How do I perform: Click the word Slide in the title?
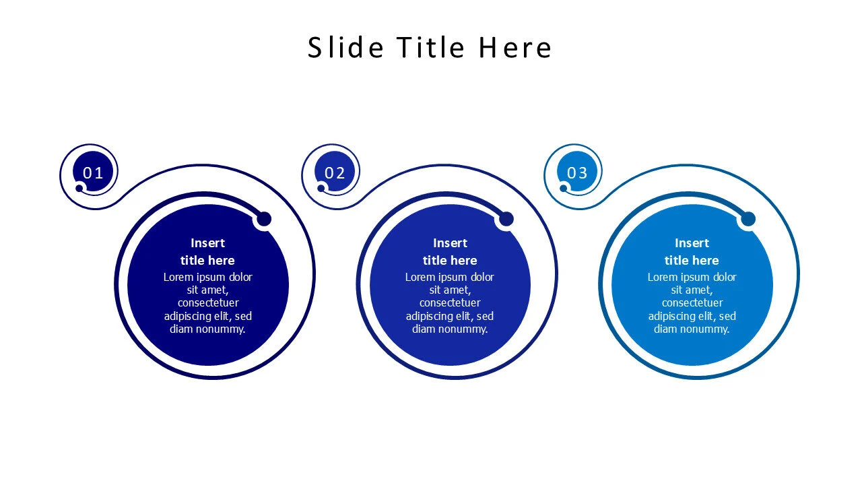(x=345, y=47)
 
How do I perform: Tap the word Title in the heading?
(x=430, y=47)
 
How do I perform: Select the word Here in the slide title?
(x=515, y=47)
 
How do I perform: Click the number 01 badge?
(x=93, y=172)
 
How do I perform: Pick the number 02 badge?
(x=335, y=172)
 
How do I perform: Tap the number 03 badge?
(x=577, y=172)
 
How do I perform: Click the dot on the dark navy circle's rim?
(x=264, y=219)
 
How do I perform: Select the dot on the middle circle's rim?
(x=506, y=219)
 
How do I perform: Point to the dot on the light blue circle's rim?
(x=748, y=219)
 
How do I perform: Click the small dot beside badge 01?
(x=79, y=188)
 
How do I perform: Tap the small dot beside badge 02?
(x=321, y=188)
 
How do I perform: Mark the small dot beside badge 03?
(x=564, y=188)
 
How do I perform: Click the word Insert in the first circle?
(x=208, y=243)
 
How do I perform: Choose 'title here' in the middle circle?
(x=450, y=261)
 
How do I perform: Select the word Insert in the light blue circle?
(x=692, y=243)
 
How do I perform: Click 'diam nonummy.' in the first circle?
(x=208, y=329)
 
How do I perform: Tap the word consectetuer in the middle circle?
(x=450, y=303)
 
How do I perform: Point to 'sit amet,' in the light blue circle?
(x=692, y=290)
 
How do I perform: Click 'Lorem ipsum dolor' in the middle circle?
(x=450, y=277)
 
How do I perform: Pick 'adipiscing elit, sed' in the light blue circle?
(x=692, y=316)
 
